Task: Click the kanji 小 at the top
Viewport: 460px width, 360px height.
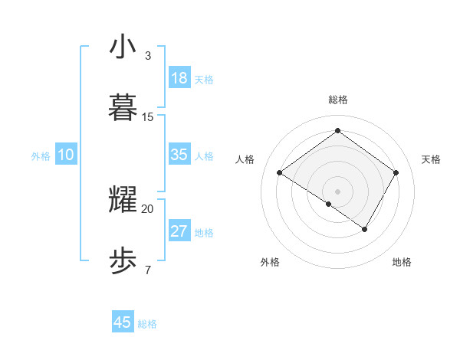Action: (x=123, y=47)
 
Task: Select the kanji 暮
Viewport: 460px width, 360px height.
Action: (x=123, y=108)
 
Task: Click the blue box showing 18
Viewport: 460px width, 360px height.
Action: (x=179, y=78)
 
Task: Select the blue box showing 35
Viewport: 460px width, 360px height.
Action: (x=179, y=155)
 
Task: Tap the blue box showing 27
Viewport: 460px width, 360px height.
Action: (x=179, y=231)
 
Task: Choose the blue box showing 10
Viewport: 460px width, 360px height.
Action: (x=66, y=155)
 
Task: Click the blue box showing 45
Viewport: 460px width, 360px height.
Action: (x=123, y=322)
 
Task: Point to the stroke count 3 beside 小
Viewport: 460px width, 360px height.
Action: (x=147, y=56)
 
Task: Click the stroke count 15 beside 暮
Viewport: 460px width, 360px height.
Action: (x=148, y=117)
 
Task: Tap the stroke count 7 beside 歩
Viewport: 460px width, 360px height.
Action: (x=147, y=270)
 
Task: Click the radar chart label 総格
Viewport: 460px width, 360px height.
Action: (x=338, y=100)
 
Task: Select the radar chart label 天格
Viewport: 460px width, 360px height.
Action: (x=431, y=159)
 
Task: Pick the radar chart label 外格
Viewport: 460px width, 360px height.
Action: (x=270, y=262)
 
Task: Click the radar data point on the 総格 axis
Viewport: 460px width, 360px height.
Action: (x=337, y=130)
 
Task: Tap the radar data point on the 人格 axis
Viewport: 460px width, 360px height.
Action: (x=280, y=173)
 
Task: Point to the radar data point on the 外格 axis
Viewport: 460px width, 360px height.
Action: (x=329, y=204)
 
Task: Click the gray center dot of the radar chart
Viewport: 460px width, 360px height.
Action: (x=337, y=191)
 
